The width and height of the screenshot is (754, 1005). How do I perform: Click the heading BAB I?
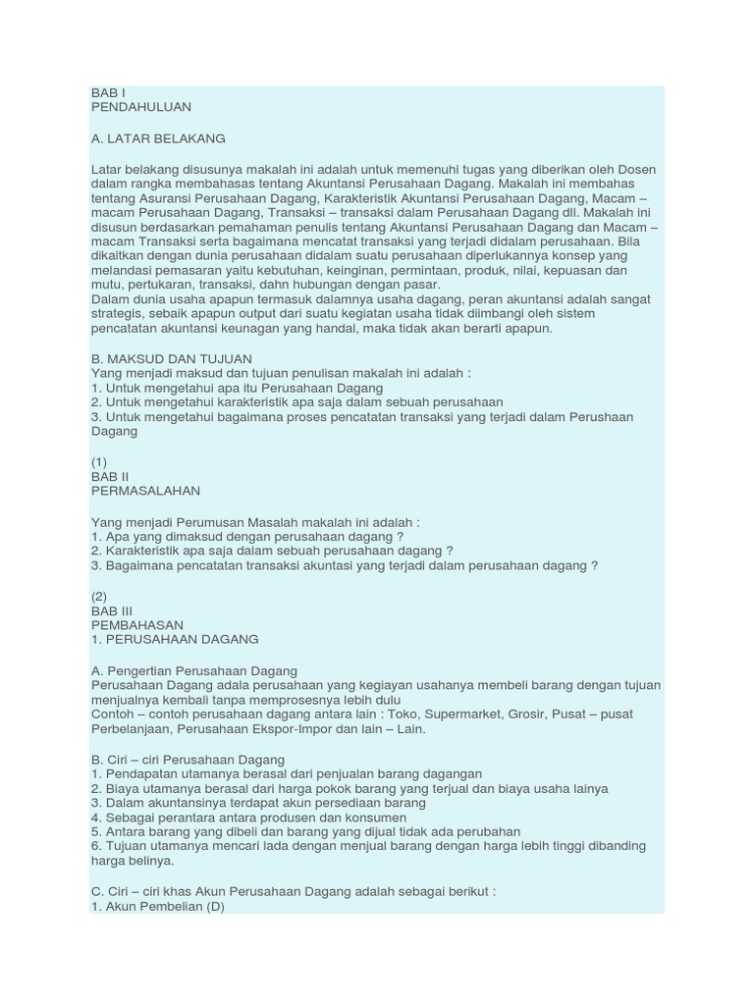(109, 93)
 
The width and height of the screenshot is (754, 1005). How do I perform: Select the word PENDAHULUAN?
(140, 107)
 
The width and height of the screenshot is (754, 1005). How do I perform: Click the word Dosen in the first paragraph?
(635, 170)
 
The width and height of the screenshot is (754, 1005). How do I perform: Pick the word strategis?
(118, 314)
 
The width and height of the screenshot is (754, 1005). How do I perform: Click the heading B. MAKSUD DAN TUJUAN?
(171, 359)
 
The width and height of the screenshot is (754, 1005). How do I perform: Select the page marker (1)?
(99, 461)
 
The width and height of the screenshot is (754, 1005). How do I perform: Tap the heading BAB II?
(110, 476)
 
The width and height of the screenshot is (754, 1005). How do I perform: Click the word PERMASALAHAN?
(145, 491)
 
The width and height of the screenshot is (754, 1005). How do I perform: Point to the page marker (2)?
(99, 595)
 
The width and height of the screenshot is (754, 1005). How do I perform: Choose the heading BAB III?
(112, 609)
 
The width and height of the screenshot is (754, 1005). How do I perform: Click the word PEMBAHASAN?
(136, 624)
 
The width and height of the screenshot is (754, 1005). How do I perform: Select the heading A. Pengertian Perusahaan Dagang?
(187, 670)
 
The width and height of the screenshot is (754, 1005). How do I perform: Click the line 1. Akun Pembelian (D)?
(158, 907)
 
